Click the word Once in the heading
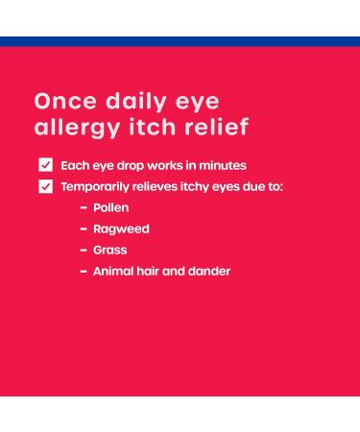click(x=60, y=101)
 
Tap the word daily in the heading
click(x=131, y=101)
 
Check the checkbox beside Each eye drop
click(x=45, y=165)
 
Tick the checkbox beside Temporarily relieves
click(x=45, y=186)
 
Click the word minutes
click(x=222, y=165)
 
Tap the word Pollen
click(x=110, y=207)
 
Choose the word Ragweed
click(x=121, y=228)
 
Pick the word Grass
click(x=109, y=250)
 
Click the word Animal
click(x=112, y=271)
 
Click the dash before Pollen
click(x=84, y=207)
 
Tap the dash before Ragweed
click(x=84, y=228)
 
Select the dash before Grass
click(x=84, y=250)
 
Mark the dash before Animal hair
click(x=84, y=271)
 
